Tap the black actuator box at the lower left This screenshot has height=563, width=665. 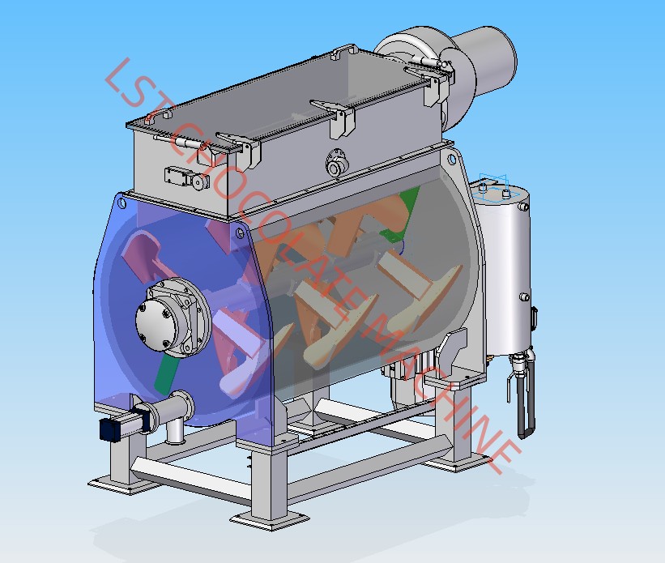(x=109, y=429)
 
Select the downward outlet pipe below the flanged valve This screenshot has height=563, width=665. (x=174, y=432)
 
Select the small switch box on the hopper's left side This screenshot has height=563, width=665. (x=186, y=177)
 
